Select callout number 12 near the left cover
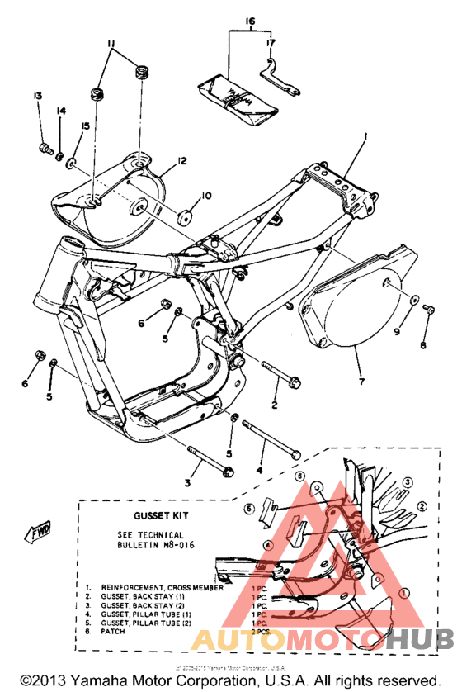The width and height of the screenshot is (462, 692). tap(181, 160)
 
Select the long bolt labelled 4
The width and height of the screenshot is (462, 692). tap(267, 438)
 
